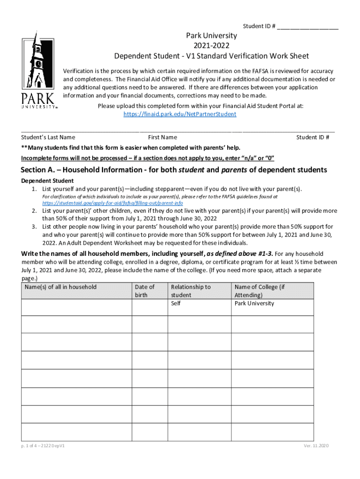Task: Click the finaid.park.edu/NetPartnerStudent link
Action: point(180,114)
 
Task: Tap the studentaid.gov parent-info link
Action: point(112,203)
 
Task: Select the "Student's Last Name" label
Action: point(48,137)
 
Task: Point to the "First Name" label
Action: point(162,137)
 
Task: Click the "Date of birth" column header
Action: point(144,291)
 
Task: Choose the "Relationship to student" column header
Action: point(191,291)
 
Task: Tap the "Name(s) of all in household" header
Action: point(61,287)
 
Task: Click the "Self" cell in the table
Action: point(176,303)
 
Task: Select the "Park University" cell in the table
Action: point(254,303)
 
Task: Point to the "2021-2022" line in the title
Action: point(211,46)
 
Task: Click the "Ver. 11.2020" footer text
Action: point(317,446)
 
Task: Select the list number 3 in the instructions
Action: point(35,226)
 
